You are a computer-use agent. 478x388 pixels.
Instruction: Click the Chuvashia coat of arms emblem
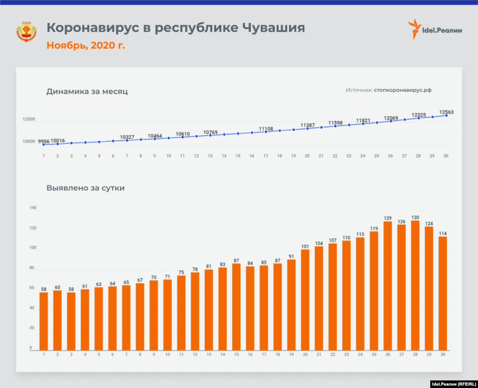pyautogui.click(x=27, y=32)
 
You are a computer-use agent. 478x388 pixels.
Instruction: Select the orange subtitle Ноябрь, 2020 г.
pyautogui.click(x=85, y=45)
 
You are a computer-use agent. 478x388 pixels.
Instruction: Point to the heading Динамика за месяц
pyautogui.click(x=87, y=91)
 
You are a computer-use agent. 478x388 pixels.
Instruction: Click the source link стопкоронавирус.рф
pyautogui.click(x=402, y=90)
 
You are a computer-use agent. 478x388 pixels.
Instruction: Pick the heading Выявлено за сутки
pyautogui.click(x=85, y=188)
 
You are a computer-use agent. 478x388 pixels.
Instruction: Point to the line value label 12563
pyautogui.click(x=446, y=112)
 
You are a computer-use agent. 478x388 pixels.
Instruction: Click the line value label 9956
pyautogui.click(x=43, y=141)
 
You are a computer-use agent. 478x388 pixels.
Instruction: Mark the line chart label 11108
pyautogui.click(x=266, y=128)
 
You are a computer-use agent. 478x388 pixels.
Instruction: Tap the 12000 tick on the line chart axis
pyautogui.click(x=29, y=119)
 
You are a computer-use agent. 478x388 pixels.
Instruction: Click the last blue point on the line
pyautogui.click(x=446, y=116)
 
